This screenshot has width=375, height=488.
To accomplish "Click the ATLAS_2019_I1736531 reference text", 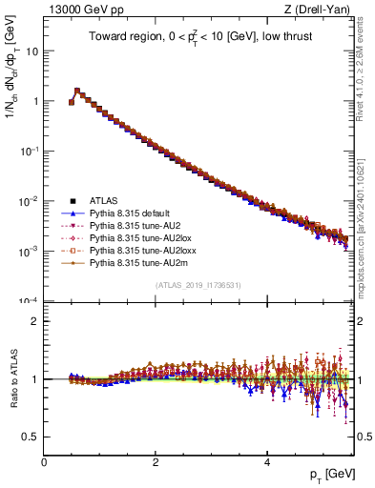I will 198,285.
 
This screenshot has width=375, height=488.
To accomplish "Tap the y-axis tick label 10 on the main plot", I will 30,51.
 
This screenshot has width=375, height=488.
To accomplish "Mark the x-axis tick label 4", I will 267,462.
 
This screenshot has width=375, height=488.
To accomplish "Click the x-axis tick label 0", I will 44,462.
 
